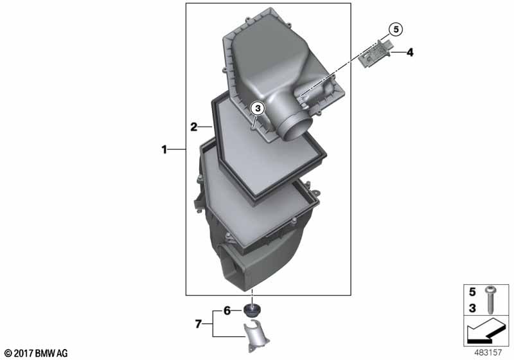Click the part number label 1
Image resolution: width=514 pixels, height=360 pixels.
164,150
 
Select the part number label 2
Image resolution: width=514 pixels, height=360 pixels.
193,127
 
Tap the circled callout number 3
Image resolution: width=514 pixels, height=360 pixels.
257,109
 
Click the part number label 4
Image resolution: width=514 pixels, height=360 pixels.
409,52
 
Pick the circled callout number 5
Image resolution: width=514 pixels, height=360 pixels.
396,29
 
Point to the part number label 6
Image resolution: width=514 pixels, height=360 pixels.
227,310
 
